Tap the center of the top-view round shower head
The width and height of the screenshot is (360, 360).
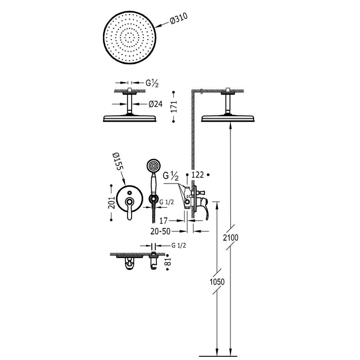click(x=129, y=38)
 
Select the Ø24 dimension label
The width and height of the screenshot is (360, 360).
click(x=155, y=104)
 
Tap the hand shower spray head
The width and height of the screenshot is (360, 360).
click(x=153, y=166)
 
